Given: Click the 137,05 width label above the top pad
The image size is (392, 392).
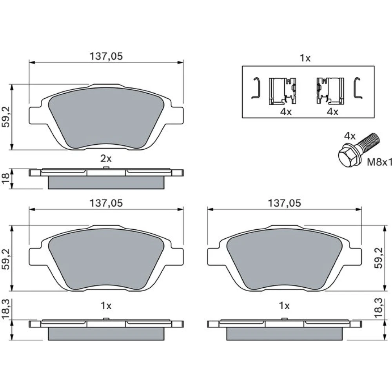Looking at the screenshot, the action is (x=106, y=56).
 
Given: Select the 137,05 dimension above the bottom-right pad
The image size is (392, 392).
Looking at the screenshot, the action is (x=284, y=203).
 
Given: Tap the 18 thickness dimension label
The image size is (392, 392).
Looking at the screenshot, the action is (x=5, y=178).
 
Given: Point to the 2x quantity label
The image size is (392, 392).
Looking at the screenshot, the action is (x=106, y=158).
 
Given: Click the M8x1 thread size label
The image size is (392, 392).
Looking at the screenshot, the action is (x=379, y=162).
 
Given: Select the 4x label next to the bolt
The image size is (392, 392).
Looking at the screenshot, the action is (x=350, y=136).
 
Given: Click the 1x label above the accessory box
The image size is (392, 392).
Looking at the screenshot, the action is (x=305, y=58).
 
